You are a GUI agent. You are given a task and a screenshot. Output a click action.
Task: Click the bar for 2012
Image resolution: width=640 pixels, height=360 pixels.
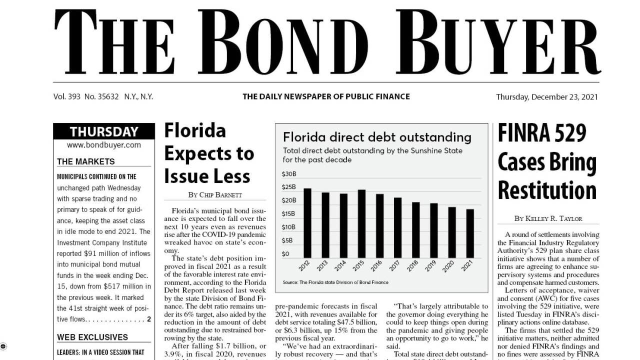pos(307,223)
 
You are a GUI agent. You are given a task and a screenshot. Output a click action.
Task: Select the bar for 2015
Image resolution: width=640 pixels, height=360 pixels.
pos(361,223)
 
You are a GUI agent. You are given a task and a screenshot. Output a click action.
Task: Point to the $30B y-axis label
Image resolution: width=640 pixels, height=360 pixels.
pos(289,174)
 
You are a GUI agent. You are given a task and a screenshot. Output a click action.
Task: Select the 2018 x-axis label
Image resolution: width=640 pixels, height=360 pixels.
pos(413,265)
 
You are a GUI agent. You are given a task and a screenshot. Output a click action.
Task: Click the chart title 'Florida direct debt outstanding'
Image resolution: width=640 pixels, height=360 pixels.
pos(377,137)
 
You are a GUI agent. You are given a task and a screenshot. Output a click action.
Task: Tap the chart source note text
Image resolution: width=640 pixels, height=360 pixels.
pos(335,282)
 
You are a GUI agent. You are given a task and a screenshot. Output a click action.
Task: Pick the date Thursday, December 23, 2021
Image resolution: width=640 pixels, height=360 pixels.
pos(546,97)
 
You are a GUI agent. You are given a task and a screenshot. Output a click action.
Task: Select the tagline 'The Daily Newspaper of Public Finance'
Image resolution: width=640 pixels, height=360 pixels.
pos(326,96)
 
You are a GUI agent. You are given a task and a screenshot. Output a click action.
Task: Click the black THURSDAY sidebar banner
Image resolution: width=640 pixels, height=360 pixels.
pos(104,132)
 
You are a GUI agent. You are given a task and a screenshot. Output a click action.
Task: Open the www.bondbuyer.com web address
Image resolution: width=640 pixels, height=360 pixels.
pos(104,145)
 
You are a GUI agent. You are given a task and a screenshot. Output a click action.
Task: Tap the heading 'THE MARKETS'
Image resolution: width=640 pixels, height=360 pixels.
pos(86,161)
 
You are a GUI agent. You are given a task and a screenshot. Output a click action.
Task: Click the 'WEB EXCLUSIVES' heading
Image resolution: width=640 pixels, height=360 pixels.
pos(92,337)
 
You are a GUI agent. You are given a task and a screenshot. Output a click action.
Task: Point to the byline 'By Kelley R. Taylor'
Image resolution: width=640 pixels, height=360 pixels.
pos(548,218)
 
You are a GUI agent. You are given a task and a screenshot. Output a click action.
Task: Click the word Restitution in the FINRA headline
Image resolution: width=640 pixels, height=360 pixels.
pos(547,190)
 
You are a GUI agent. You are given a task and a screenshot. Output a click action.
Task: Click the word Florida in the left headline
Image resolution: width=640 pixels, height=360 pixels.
pos(195,130)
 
